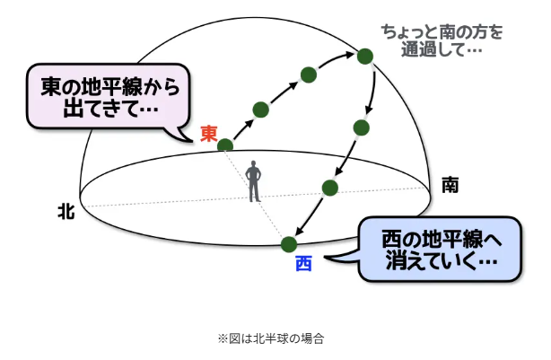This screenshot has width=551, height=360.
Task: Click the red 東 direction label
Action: pyautogui.click(x=209, y=134)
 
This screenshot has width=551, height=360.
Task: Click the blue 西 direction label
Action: pyautogui.click(x=302, y=265)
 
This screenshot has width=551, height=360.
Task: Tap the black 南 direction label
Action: pyautogui.click(x=450, y=186)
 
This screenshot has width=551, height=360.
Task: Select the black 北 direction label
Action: pyautogui.click(x=66, y=211)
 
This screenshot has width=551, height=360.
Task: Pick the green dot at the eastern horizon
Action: pyautogui.click(x=225, y=145)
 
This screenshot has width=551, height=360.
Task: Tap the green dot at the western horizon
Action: pyautogui.click(x=289, y=243)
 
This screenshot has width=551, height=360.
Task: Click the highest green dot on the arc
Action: pyautogui.click(x=364, y=57)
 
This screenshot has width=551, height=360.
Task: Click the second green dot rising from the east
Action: pyautogui.click(x=260, y=110)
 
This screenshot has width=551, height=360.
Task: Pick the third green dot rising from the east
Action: pyautogui.click(x=308, y=74)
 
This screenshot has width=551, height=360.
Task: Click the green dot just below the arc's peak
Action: pyautogui.click(x=362, y=127)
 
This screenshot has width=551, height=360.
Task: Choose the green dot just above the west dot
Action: pyautogui.click(x=329, y=188)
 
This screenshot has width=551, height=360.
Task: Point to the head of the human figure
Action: pyautogui.click(x=255, y=165)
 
